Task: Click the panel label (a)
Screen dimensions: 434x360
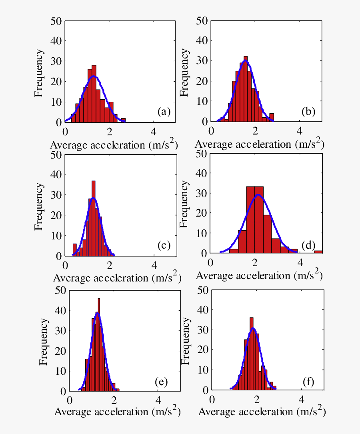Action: [x=164, y=112]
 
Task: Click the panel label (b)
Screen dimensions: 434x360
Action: [x=308, y=112]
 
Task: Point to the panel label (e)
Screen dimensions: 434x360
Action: [x=161, y=382]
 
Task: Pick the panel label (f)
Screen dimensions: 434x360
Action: [x=308, y=382]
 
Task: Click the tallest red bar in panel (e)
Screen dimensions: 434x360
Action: [x=99, y=344]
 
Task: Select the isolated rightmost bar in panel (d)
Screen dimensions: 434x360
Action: [x=318, y=252]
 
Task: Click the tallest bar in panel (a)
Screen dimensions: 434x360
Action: [x=94, y=94]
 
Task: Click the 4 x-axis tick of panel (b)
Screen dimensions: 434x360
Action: [x=300, y=131]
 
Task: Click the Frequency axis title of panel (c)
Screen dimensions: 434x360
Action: [x=39, y=206]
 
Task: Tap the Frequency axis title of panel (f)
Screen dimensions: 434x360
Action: [x=186, y=342]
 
